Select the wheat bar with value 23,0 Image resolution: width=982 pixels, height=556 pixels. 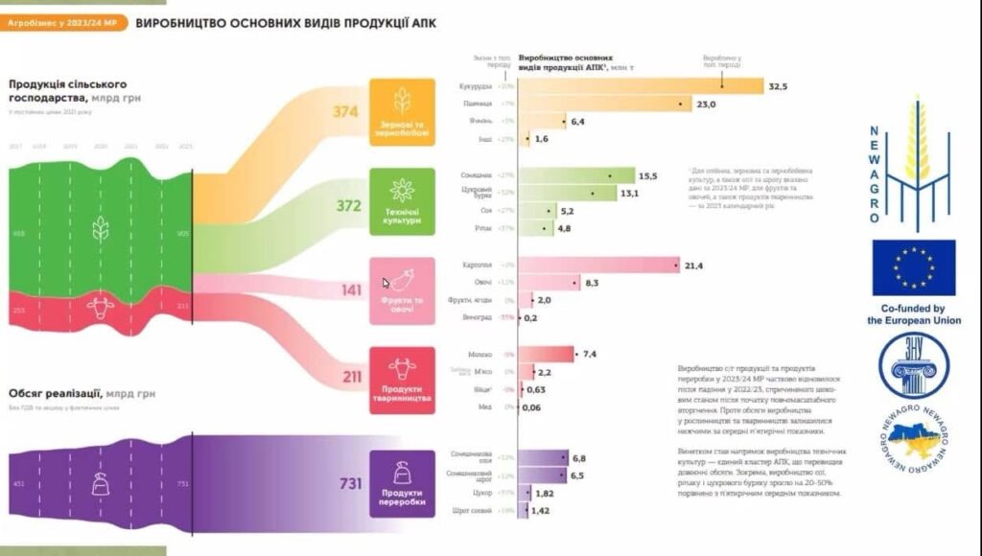click(x=604, y=104)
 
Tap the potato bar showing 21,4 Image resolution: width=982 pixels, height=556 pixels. click(x=599, y=266)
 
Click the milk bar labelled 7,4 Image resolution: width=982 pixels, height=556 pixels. click(x=547, y=355)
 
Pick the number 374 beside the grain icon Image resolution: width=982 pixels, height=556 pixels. click(x=345, y=112)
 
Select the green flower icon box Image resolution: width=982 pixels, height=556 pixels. click(x=403, y=200)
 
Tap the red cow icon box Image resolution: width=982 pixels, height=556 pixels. click(x=403, y=380)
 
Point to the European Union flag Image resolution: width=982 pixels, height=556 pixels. click(x=914, y=267)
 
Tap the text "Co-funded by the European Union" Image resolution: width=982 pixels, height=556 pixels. click(x=914, y=314)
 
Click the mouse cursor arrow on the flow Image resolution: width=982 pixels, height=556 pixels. click(x=386, y=283)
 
